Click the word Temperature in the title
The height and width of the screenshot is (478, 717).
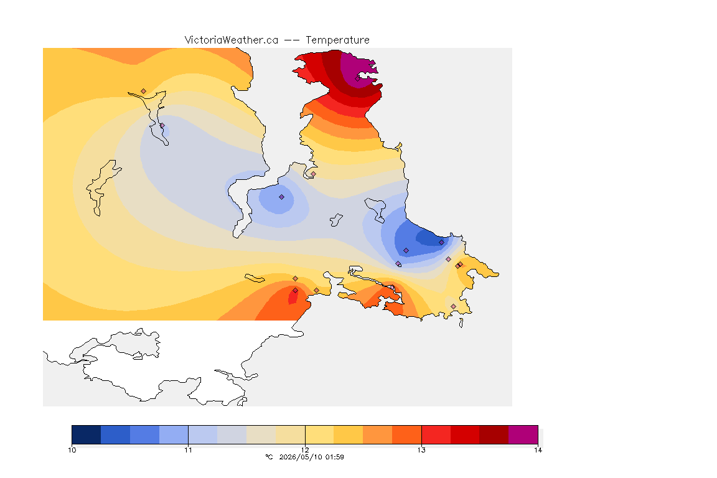[337, 40]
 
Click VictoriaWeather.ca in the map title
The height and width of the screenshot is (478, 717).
[232, 40]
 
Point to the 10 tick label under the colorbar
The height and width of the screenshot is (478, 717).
[72, 450]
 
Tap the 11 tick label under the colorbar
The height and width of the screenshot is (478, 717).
[189, 450]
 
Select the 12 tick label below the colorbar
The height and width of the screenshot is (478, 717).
[305, 450]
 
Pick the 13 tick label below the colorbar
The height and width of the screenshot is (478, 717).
[421, 450]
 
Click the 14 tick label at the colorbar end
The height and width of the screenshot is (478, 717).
[538, 450]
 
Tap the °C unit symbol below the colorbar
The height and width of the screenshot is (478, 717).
[269, 457]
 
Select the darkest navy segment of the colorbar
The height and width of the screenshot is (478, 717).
[87, 434]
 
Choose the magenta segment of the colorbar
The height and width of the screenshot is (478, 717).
[523, 434]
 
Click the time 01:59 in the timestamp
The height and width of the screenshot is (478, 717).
[335, 457]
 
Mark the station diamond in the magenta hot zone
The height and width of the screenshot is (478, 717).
[358, 78]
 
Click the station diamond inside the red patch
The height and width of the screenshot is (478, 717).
[296, 291]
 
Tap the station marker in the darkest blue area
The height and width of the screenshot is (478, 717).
[441, 243]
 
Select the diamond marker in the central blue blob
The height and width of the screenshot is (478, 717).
[282, 197]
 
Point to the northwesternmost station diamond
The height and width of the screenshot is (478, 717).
[144, 91]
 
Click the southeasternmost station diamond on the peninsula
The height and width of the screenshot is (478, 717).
[453, 306]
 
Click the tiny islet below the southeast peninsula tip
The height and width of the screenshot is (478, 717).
[461, 323]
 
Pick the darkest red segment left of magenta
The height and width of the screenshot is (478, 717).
[494, 434]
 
